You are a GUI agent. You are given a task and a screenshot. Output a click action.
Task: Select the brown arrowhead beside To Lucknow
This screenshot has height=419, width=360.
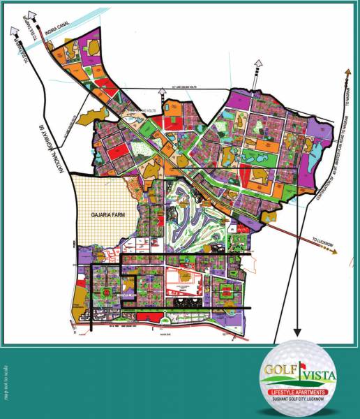tap(336, 253)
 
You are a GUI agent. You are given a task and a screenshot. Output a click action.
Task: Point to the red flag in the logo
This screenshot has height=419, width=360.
tap(303, 363)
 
